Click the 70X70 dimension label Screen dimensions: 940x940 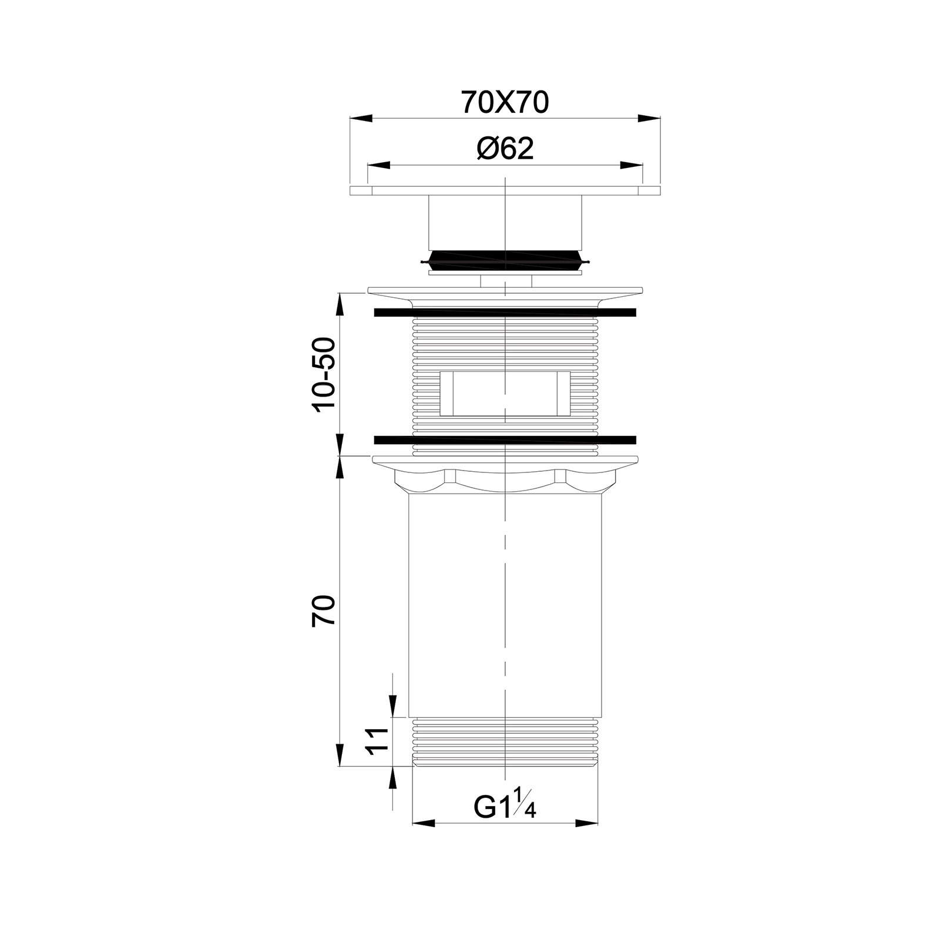point(505,102)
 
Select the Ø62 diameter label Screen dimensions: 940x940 point(505,149)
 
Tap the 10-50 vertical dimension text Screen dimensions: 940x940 point(324,375)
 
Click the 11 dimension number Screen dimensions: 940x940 point(377,741)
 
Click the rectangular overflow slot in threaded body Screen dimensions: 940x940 point(505,393)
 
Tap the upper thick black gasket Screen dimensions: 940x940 point(505,312)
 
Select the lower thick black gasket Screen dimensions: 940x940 point(505,439)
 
